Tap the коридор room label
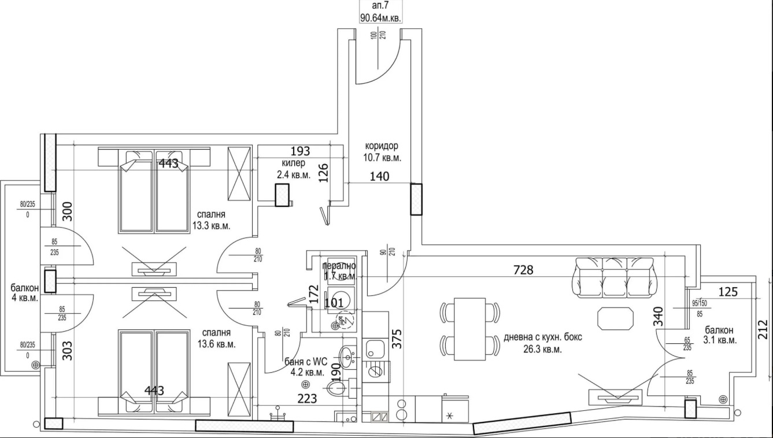click(382, 151)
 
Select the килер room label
click(293, 168)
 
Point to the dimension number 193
click(300, 151)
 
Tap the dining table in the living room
click(469, 328)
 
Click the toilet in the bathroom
click(336, 388)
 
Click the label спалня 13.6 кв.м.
click(217, 338)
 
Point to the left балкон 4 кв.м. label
click(24, 293)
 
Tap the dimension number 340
click(658, 317)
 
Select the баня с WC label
click(308, 368)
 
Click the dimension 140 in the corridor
click(379, 176)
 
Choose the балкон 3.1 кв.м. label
click(720, 335)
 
